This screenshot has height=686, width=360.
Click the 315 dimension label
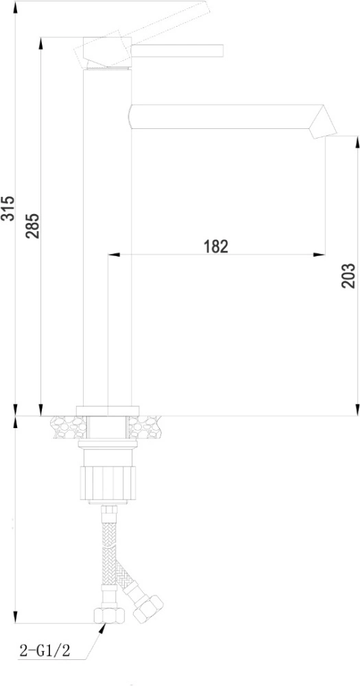click(8, 209)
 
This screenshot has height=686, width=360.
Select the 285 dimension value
click(32, 226)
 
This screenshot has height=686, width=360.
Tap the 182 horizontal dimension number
click(216, 246)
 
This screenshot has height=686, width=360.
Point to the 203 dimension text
click(348, 276)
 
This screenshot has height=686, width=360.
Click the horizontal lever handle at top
click(178, 50)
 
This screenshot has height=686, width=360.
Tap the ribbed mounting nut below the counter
click(108, 484)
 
